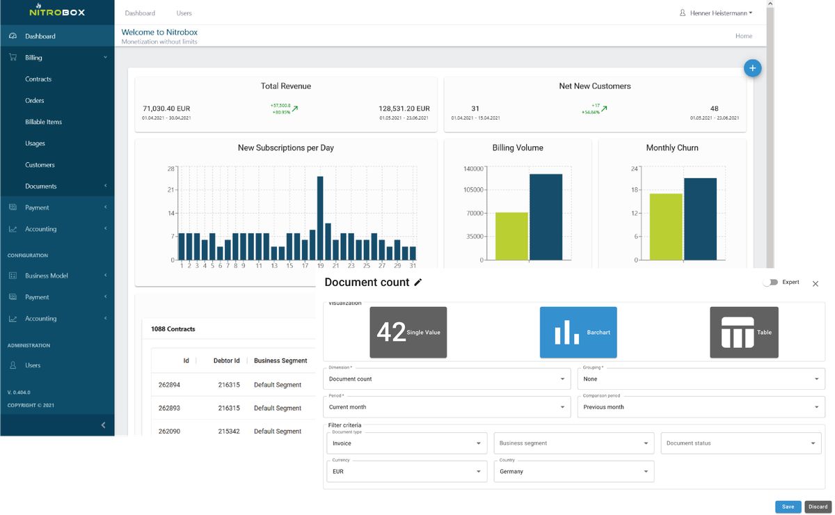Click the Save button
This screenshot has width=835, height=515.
coord(788,507)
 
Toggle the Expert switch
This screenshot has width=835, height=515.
coord(770,283)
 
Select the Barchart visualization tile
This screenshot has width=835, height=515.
coord(578,332)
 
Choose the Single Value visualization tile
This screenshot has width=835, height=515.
coord(408,332)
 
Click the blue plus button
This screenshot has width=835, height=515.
coord(752,68)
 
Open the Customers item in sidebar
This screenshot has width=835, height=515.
coord(40,165)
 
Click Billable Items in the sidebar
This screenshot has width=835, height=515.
coord(43,122)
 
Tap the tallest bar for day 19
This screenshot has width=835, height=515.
coord(320,218)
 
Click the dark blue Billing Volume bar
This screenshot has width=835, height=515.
coord(546,217)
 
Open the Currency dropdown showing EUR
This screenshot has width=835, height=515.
coord(407,472)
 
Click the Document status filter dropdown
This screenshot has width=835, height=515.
coord(740,443)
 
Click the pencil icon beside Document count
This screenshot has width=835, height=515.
coord(417,283)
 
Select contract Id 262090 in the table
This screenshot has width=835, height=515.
coord(169,431)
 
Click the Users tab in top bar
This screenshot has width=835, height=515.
coord(184,13)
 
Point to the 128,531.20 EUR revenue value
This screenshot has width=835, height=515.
coord(404,109)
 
